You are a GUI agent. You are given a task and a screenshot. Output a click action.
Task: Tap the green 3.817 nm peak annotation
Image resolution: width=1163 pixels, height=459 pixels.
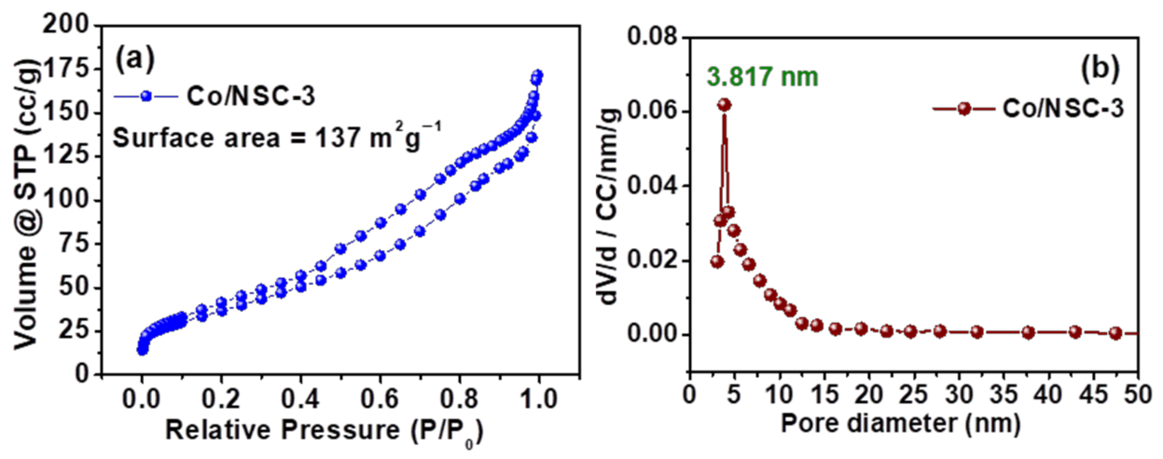pos(762,76)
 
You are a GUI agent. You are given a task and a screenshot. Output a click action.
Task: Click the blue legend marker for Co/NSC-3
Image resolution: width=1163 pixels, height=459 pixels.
pos(146,96)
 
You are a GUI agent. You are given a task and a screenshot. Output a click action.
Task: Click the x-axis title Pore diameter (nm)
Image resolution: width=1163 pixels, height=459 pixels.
pos(901,423)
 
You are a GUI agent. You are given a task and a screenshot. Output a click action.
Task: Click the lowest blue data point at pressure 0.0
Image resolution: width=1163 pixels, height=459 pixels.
pos(142,350)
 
